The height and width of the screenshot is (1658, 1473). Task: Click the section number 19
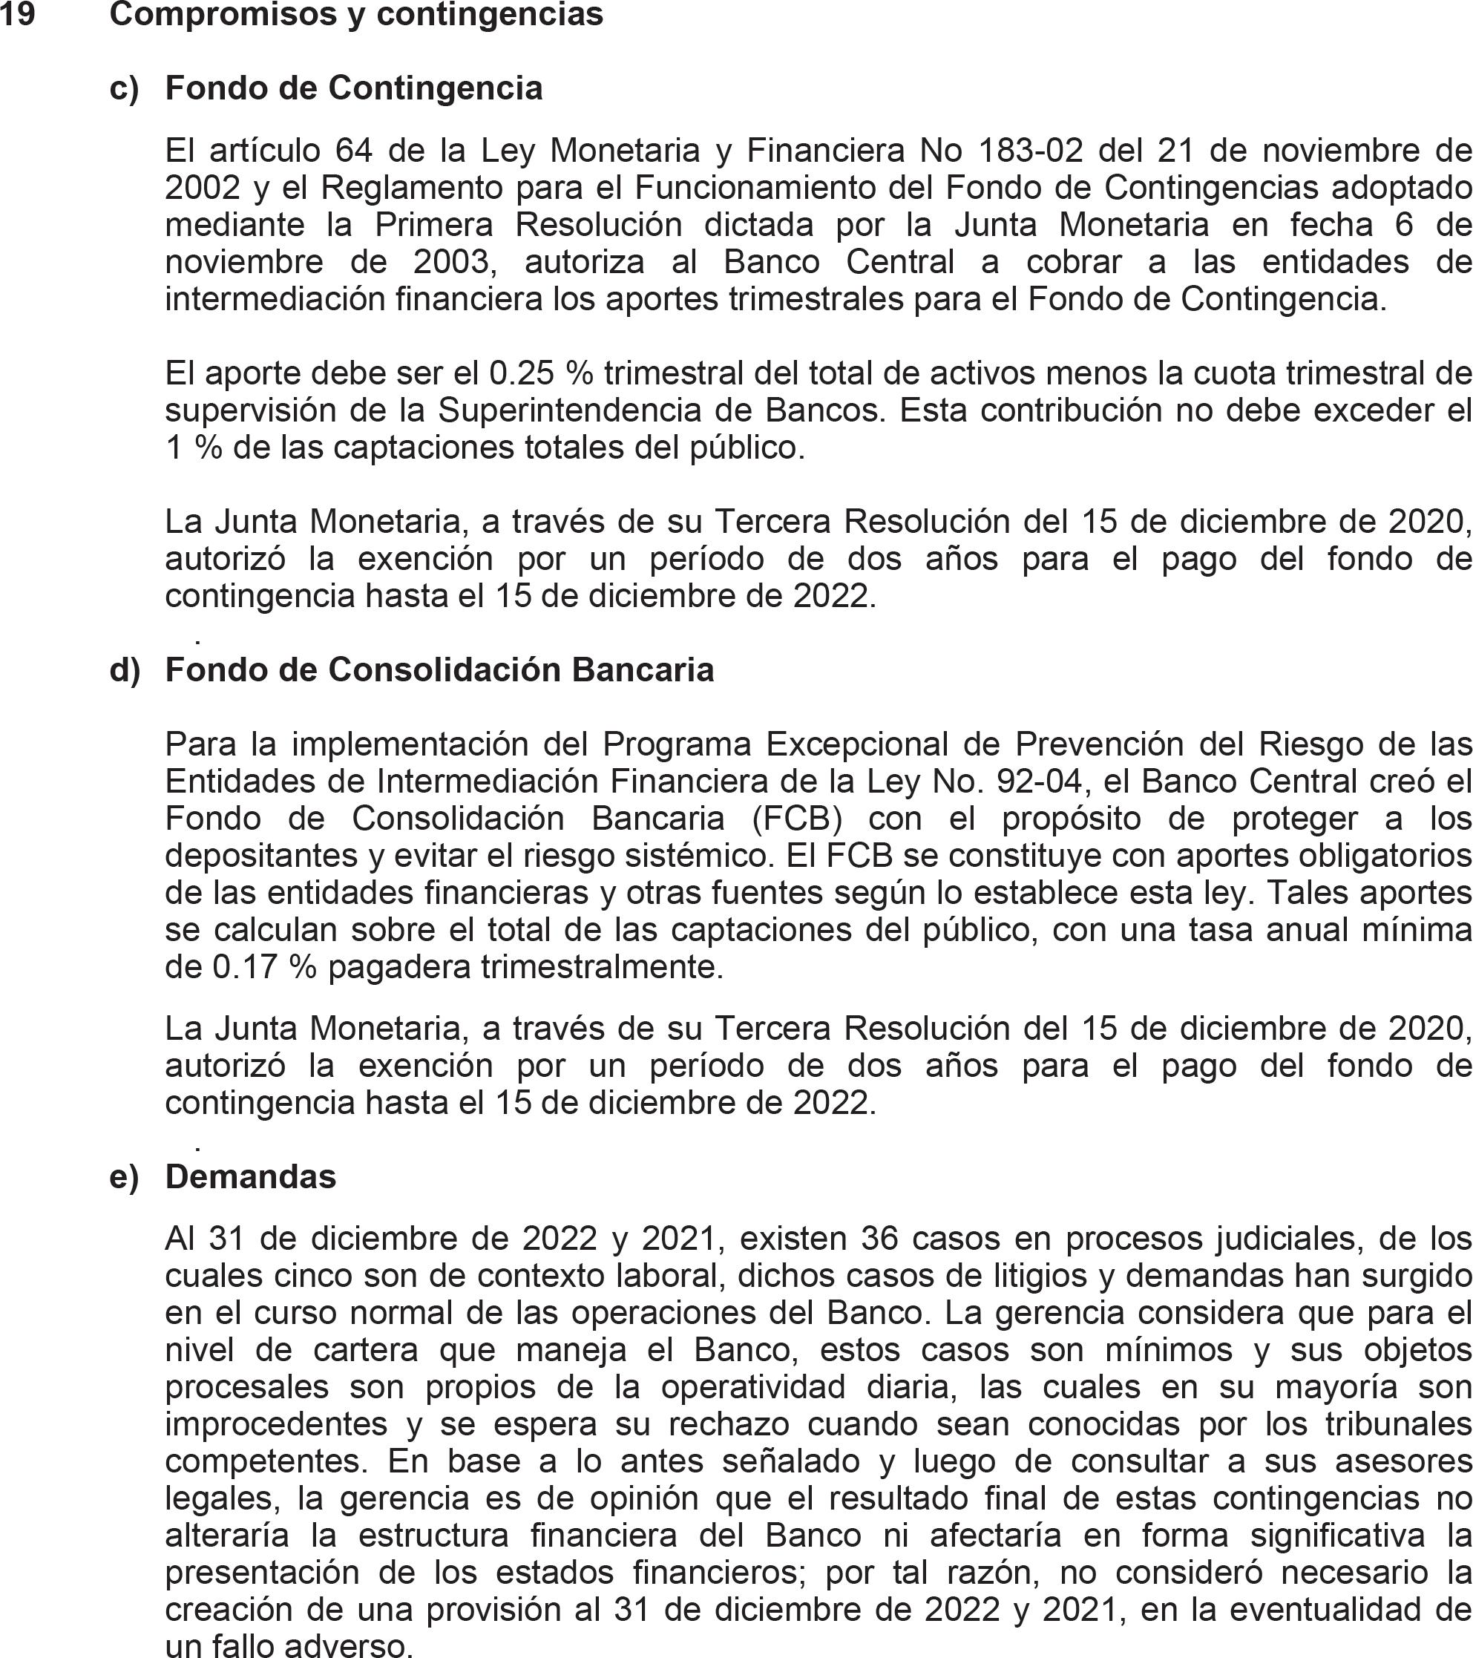(x=17, y=15)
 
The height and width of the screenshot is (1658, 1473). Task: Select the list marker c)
(x=124, y=88)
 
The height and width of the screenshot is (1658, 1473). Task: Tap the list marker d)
(x=125, y=670)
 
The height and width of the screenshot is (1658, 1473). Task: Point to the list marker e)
(x=124, y=1177)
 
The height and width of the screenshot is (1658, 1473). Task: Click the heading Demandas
(x=251, y=1177)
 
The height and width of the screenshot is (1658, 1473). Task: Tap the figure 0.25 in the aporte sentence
(x=522, y=374)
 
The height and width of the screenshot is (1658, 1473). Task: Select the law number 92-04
(x=1039, y=782)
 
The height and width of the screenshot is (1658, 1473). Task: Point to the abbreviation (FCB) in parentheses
(x=796, y=819)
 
